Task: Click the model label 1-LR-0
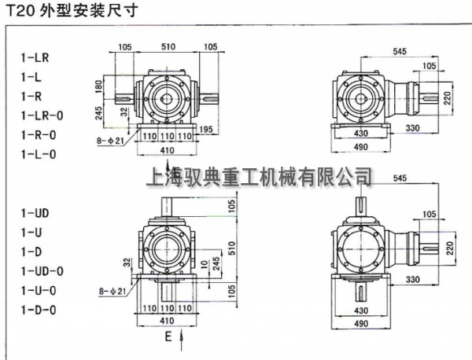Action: click(x=41, y=116)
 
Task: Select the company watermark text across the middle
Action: click(x=259, y=176)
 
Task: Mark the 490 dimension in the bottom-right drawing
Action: click(x=360, y=322)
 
